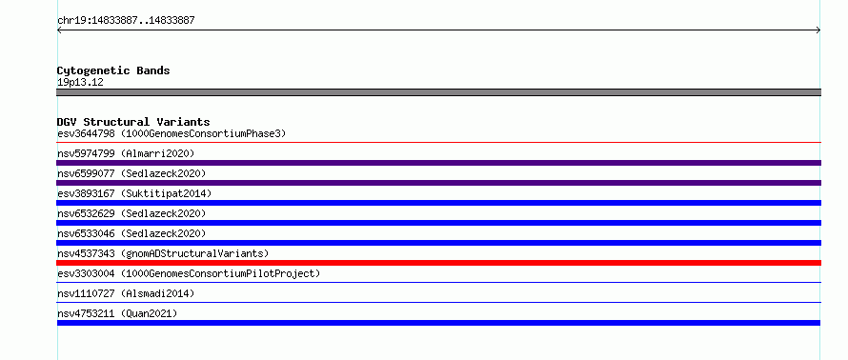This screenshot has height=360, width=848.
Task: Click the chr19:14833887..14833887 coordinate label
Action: click(126, 21)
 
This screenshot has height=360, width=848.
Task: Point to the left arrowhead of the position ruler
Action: click(59, 30)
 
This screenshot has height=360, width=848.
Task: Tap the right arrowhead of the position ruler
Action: click(818, 30)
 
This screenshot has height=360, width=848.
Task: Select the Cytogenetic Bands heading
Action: click(113, 70)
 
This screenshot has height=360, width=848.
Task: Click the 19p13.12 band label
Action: click(80, 83)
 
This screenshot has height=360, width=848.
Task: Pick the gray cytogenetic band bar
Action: click(438, 92)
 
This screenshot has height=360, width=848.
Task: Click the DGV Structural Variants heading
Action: click(133, 122)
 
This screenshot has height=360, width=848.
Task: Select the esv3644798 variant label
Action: click(86, 133)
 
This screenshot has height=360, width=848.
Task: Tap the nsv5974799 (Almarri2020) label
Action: click(126, 153)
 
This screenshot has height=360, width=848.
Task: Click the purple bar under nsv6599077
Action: click(438, 183)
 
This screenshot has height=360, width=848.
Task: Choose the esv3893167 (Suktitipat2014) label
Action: click(134, 193)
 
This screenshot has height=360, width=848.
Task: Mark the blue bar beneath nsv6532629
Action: click(438, 223)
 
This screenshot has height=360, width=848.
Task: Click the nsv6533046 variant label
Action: click(86, 233)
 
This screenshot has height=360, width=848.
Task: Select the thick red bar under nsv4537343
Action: click(438, 263)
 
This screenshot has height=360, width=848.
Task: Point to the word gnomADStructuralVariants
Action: click(194, 253)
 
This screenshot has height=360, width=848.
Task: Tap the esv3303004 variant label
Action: click(86, 273)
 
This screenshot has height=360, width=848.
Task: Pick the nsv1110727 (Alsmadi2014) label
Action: click(126, 293)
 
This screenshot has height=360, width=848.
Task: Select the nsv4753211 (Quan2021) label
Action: click(117, 313)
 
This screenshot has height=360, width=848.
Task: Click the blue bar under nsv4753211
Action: click(438, 323)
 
